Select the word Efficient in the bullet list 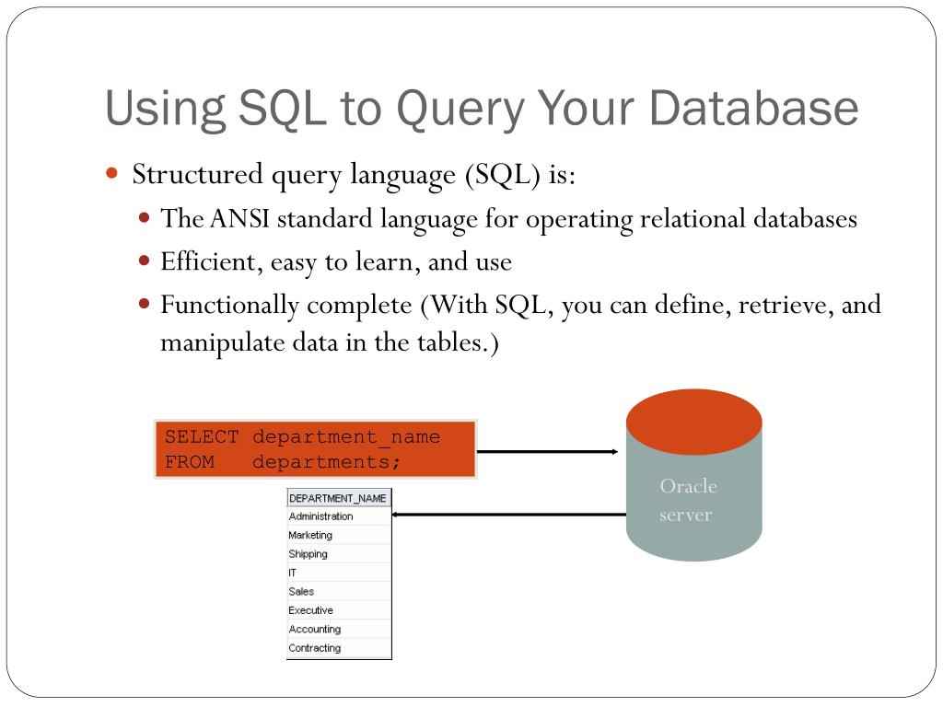coord(208,262)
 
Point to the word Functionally coord(230,305)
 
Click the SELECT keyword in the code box coord(202,437)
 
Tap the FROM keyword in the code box coord(190,461)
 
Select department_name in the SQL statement coord(346,437)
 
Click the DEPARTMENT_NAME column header coord(338,498)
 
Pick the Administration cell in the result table coord(320,516)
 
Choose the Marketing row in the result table coord(310,535)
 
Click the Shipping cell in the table coord(308,554)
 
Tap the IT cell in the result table coord(293,573)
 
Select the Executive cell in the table coord(310,610)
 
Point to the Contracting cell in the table coord(314,648)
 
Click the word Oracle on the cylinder coord(688,486)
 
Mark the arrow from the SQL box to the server coord(548,451)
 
